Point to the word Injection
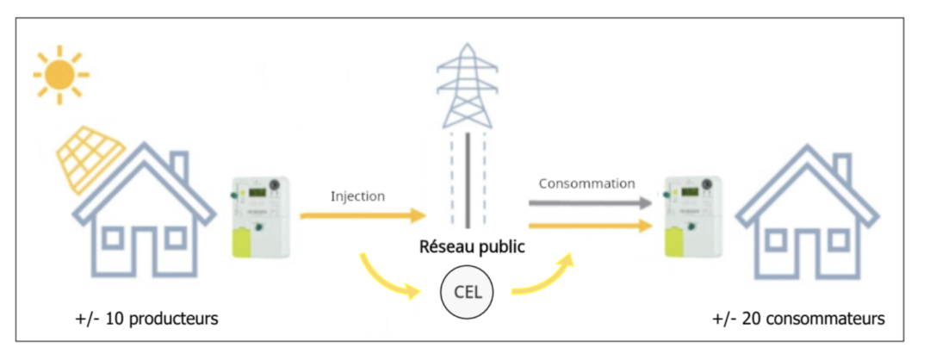[x=357, y=196]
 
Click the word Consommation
[x=586, y=183]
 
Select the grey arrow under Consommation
[x=589, y=203]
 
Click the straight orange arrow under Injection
[x=363, y=215]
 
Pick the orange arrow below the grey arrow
[x=589, y=226]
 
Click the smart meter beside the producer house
[x=259, y=216]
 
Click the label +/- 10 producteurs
[x=146, y=320]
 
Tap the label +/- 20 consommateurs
[x=798, y=320]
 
